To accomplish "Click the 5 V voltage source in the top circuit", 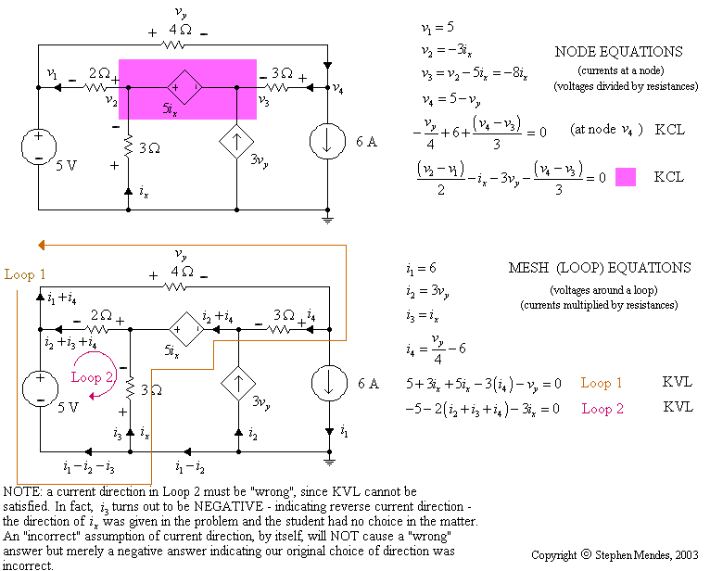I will click(39, 146).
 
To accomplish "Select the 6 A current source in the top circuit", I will click(329, 145).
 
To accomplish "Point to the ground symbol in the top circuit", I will click(328, 219).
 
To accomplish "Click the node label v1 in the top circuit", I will click(53, 75).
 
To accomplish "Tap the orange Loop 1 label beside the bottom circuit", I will click(24, 274).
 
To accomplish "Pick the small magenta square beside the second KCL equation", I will click(626, 176).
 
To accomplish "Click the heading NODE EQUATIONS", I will click(618, 52).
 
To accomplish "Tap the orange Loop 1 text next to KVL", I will click(602, 383).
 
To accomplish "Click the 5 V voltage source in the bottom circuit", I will click(39, 387).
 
